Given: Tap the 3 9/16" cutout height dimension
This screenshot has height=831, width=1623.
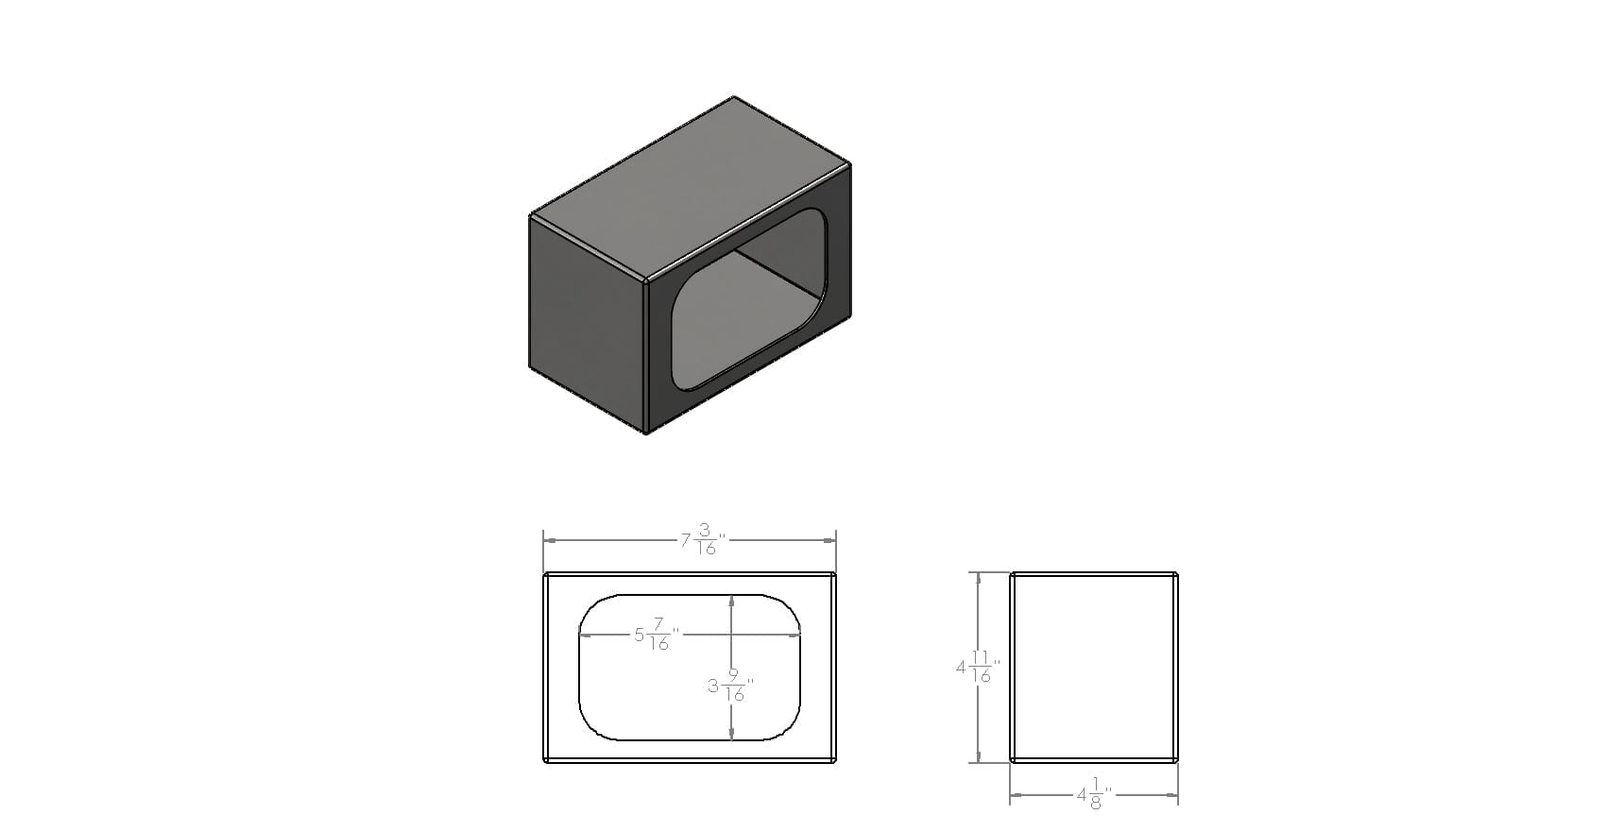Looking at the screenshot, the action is click(730, 687).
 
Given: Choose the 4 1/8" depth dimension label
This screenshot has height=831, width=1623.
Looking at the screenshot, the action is click(1095, 794).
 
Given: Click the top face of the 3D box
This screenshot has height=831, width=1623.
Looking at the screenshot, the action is click(691, 188).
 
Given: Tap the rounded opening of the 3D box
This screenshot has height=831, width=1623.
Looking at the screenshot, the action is click(749, 299).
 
